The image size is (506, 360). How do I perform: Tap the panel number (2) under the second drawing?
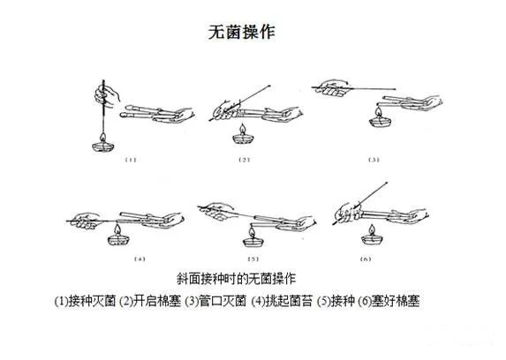tap(245, 160)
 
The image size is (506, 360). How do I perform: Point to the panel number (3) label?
tap(374, 160)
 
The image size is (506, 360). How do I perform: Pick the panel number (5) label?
tap(253, 259)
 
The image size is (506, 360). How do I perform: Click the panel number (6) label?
tap(365, 259)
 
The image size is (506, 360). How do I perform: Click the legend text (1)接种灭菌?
tap(85, 301)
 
